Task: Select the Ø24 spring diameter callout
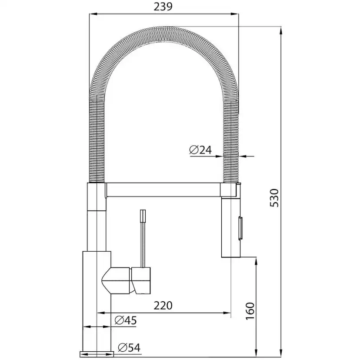pyautogui.click(x=200, y=150)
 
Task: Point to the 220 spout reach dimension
pyautogui.click(x=163, y=306)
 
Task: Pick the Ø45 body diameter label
pyautogui.click(x=126, y=321)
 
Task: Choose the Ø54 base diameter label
pyautogui.click(x=129, y=347)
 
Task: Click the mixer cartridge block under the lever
pyautogui.click(x=142, y=279)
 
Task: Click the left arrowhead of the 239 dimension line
pyautogui.click(x=91, y=14)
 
